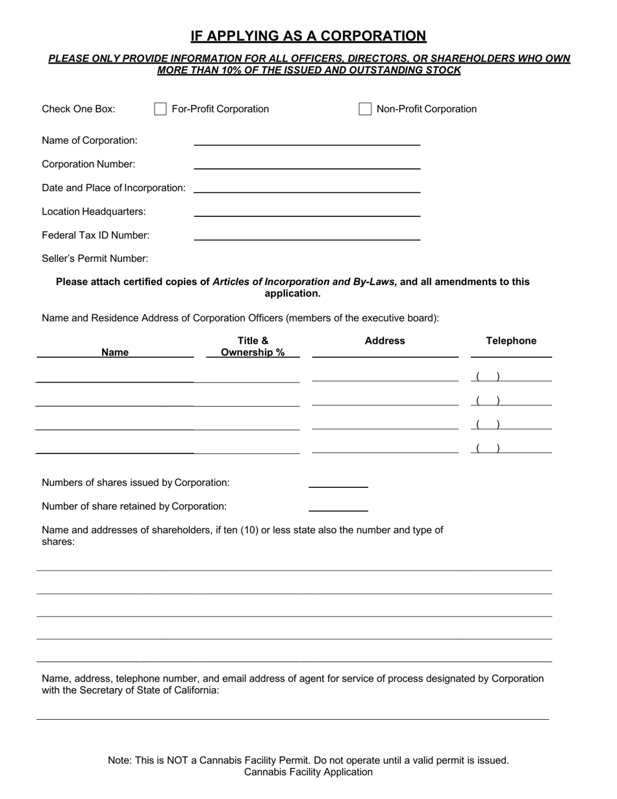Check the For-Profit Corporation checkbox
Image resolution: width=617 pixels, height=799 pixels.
[x=160, y=109]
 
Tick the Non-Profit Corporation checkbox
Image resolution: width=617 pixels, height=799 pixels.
[x=365, y=109]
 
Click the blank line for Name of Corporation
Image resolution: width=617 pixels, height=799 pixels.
[x=307, y=140]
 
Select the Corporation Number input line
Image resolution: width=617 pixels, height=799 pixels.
[x=307, y=164]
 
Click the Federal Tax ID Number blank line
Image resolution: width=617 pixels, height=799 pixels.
[x=307, y=235]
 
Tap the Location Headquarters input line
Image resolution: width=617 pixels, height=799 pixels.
[x=307, y=211]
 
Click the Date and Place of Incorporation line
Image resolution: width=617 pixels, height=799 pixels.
[x=307, y=188]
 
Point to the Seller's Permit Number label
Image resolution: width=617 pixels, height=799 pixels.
[x=95, y=259]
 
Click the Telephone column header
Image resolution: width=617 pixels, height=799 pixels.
[x=511, y=341]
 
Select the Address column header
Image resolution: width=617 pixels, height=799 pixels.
[x=384, y=341]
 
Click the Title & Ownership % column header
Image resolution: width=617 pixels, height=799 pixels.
[x=253, y=347]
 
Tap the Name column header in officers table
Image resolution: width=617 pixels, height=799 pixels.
[x=115, y=352]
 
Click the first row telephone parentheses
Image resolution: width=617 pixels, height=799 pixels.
[x=488, y=377]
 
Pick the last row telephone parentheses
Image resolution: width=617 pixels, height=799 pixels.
[x=488, y=448]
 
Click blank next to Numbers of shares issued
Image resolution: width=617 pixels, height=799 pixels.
[x=338, y=483]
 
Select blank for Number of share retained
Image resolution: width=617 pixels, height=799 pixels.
[x=338, y=507]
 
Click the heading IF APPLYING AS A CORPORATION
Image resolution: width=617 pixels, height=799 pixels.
[x=308, y=36]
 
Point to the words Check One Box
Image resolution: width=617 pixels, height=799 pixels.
[x=79, y=109]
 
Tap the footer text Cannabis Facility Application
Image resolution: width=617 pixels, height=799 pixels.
[x=308, y=772]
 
